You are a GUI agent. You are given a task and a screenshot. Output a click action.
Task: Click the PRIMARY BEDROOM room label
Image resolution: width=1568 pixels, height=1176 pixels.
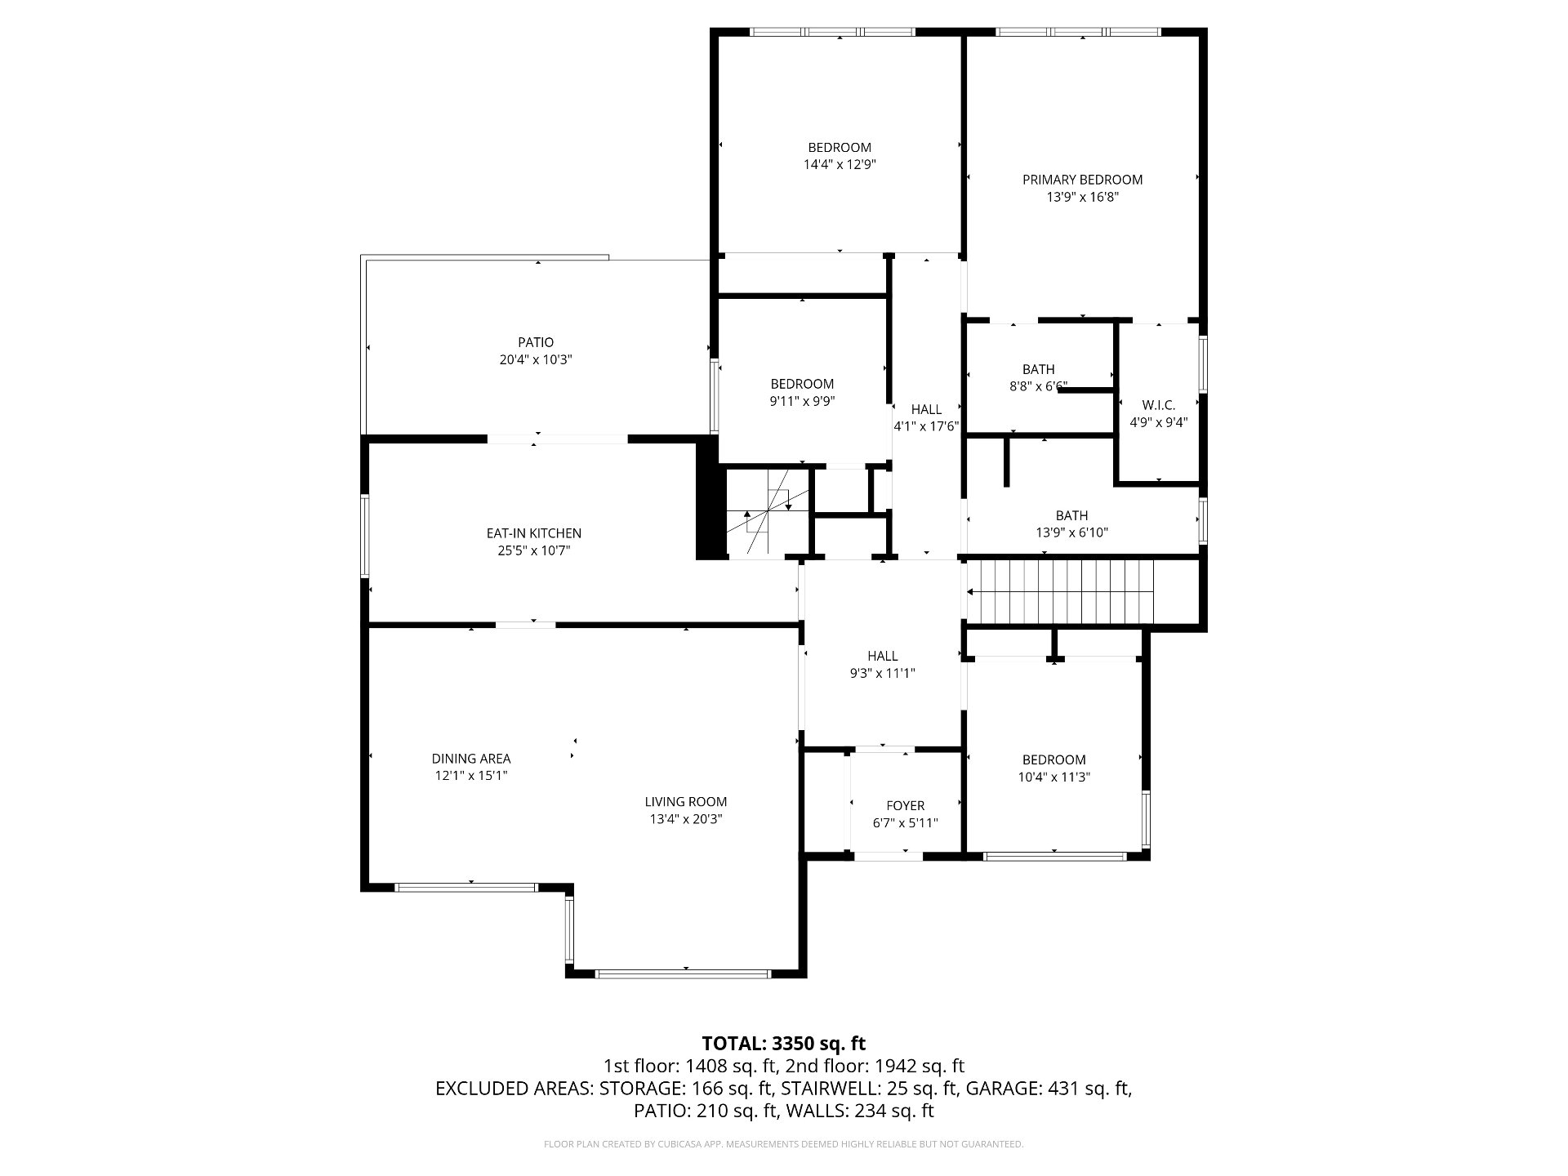1082,180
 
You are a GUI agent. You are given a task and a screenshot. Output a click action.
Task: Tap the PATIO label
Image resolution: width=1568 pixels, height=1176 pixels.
536,343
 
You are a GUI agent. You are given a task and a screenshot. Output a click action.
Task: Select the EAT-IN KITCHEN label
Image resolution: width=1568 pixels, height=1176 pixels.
534,533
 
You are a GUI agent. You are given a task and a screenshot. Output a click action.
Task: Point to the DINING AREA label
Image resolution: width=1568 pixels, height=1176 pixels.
471,759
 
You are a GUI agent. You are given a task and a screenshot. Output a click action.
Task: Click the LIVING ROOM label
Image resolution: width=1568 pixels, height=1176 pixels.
686,802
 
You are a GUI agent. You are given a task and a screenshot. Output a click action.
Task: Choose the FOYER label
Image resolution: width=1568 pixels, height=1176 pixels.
906,806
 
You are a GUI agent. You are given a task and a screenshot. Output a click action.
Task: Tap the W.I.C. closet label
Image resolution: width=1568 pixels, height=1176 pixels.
1159,405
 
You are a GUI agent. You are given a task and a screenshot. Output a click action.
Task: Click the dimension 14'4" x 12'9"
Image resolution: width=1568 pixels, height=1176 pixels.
840,164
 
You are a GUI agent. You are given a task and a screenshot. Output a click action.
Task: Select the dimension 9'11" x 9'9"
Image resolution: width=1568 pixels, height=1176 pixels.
802,401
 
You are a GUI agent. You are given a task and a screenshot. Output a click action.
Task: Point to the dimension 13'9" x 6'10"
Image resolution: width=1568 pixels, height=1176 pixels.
1071,533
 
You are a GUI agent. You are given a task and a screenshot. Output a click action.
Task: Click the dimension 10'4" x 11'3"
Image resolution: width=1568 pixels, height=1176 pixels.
1053,777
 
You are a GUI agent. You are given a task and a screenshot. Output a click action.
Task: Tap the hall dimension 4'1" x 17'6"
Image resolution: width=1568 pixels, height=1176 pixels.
926,426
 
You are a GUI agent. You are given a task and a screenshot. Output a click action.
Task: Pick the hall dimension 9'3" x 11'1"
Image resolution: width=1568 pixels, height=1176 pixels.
883,674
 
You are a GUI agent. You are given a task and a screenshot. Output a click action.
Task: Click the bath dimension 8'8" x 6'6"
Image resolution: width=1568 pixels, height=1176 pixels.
1038,386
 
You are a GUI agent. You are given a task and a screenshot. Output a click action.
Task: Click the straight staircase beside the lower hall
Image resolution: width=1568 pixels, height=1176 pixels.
1060,592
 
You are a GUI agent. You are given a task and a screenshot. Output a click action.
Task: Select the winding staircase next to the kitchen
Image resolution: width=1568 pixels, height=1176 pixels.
768,513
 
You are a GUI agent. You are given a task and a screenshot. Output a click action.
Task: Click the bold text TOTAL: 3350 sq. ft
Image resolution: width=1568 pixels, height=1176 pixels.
784,1043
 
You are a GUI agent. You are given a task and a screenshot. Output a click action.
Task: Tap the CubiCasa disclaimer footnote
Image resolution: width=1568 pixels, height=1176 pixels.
783,1144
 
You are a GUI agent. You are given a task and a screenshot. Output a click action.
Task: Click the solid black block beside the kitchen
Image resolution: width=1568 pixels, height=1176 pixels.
710,498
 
